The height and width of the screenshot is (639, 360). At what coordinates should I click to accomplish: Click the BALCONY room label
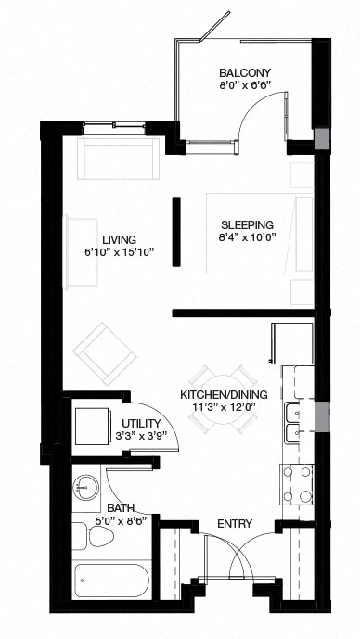point(245,73)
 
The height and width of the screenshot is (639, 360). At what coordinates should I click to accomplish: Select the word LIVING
point(121,237)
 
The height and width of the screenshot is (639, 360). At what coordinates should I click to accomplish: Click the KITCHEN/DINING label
point(224,395)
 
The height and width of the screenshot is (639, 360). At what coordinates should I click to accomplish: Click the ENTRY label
point(235,524)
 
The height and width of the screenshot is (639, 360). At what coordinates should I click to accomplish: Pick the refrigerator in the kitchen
point(288,344)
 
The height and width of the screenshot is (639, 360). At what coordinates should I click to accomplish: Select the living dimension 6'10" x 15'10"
point(121,251)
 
